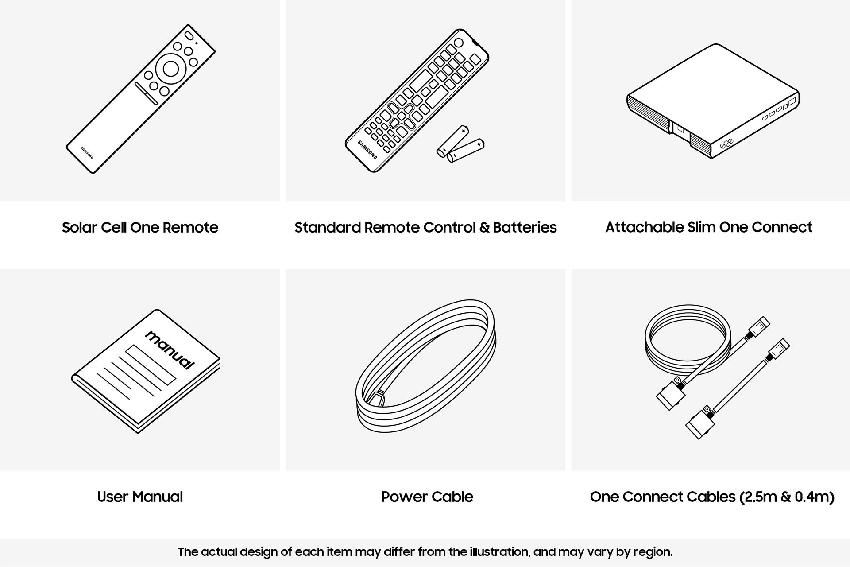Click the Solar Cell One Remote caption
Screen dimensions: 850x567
tap(140, 227)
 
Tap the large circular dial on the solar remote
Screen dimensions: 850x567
tap(170, 69)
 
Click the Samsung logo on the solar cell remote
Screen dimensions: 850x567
tap(87, 152)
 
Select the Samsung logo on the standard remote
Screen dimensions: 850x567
tap(367, 150)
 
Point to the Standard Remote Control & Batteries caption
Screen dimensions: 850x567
tap(425, 227)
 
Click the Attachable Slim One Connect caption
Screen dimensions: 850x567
tap(708, 227)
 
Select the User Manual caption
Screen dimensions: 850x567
tap(140, 497)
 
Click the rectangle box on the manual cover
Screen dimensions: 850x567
tap(151, 364)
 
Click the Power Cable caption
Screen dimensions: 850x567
tap(427, 497)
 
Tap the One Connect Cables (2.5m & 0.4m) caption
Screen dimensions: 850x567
tap(712, 497)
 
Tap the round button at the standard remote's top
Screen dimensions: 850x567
tap(458, 43)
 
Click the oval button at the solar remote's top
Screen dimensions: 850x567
tap(189, 35)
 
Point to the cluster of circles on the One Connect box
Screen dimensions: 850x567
tap(726, 144)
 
